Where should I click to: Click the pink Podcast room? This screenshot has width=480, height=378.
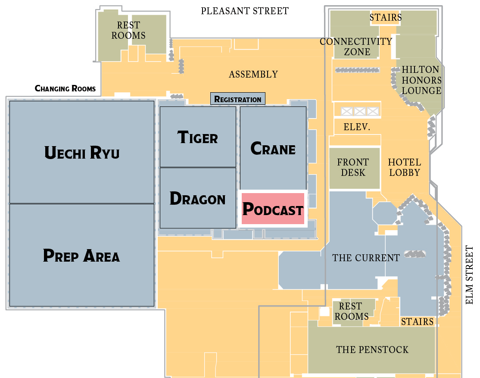click(273, 209)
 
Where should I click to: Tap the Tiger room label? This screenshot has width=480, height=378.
click(198, 137)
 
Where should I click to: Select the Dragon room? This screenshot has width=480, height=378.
click(198, 199)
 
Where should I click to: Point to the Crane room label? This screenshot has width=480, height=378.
click(273, 149)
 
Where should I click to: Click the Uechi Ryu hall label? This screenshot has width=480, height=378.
click(82, 153)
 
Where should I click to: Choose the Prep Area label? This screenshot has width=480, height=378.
click(81, 256)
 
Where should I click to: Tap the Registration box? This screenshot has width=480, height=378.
click(238, 99)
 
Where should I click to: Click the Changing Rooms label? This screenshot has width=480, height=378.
click(65, 89)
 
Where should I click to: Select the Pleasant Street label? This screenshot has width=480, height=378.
click(245, 11)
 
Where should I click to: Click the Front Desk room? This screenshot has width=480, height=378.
click(353, 168)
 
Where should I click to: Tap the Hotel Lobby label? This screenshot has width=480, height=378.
click(404, 168)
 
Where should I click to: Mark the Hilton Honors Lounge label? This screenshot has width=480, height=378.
click(421, 80)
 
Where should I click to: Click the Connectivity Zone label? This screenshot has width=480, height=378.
click(356, 47)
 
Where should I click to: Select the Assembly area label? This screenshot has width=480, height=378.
click(253, 75)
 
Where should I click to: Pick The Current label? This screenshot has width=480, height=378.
click(366, 258)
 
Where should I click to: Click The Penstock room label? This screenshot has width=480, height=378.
click(372, 350)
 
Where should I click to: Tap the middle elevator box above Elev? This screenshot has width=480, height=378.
click(360, 112)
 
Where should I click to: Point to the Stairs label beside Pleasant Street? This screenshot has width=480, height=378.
click(386, 18)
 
